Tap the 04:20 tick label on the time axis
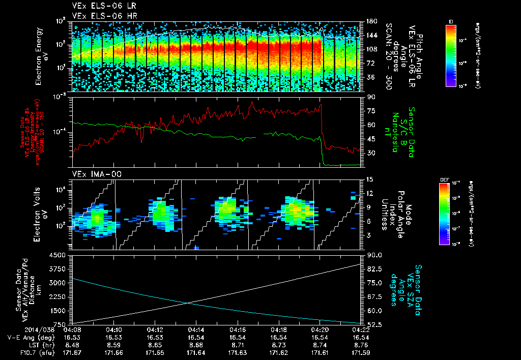tap(320, 329)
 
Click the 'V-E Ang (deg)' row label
tap(28, 337)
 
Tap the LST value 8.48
tap(72, 344)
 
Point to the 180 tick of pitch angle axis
tap(370, 21)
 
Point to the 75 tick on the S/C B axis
tap(370, 110)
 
